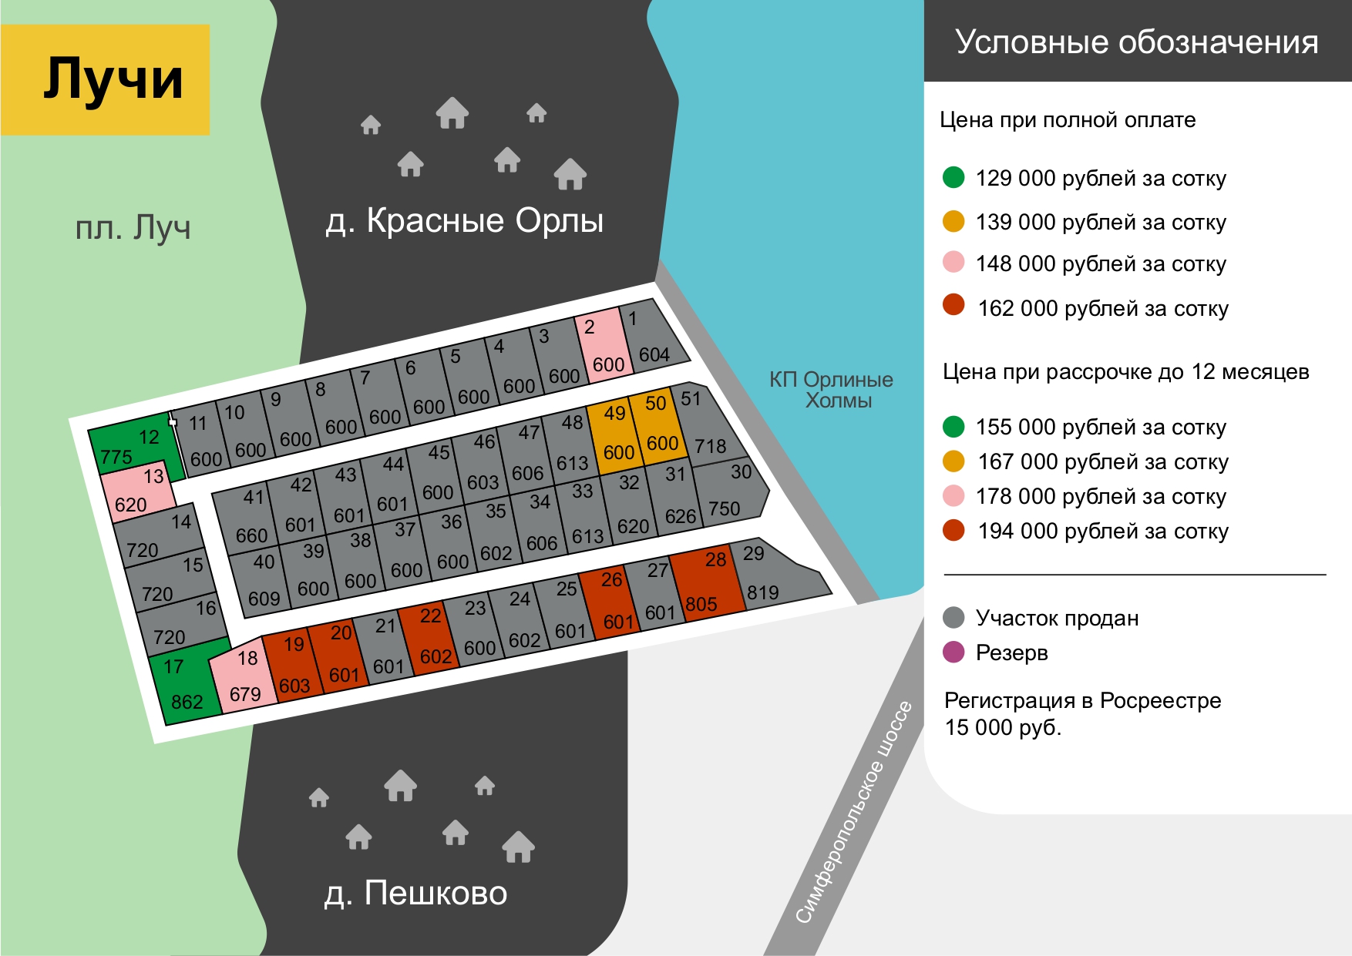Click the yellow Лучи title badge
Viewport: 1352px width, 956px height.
pos(105,79)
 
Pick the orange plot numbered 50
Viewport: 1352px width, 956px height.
pos(658,426)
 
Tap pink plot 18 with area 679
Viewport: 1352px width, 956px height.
pos(243,676)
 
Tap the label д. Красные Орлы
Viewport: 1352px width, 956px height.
pos(464,221)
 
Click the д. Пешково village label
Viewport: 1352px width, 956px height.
pos(415,894)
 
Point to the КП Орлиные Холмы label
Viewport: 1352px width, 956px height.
pos(832,390)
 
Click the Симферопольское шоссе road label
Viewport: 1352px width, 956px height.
pos(854,812)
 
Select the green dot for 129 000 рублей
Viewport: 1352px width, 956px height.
pos(953,178)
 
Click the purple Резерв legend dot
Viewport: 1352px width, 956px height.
pos(953,652)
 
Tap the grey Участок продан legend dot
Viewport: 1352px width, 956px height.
pos(953,618)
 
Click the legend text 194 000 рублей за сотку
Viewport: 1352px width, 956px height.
pos(1103,532)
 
